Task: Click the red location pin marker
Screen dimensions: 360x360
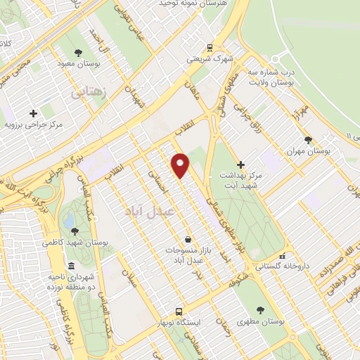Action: pyautogui.click(x=181, y=165)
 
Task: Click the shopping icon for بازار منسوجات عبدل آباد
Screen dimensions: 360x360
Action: pyautogui.click(x=187, y=239)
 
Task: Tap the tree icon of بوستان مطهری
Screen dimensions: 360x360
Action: pyautogui.click(x=261, y=309)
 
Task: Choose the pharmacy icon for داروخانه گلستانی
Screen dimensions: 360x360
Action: pyautogui.click(x=283, y=257)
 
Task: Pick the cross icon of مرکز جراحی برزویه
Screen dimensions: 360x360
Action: pyautogui.click(x=33, y=113)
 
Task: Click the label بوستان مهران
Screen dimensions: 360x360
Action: pyautogui.click(x=309, y=151)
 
